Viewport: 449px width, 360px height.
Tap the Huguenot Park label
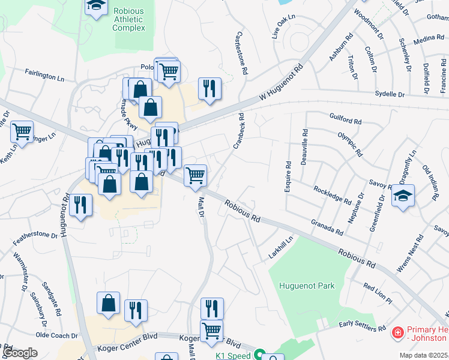[x=307, y=286]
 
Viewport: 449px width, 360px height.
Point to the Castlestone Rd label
[x=244, y=53]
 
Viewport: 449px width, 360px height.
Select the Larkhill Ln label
[x=281, y=248]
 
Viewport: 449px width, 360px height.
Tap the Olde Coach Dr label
[x=57, y=335]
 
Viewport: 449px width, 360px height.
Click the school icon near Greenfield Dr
[x=403, y=196]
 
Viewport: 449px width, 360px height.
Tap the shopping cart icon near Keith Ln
[x=22, y=131]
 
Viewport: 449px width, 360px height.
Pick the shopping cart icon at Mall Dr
[x=195, y=175]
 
